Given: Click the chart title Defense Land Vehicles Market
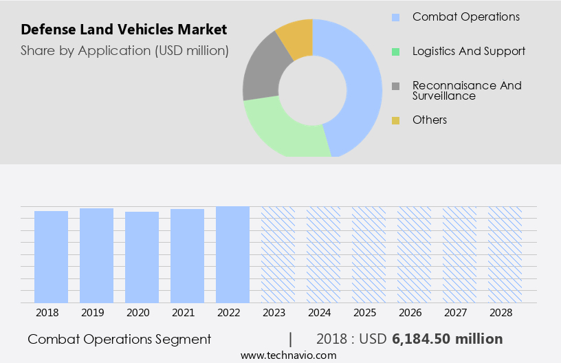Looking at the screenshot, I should tap(124, 30).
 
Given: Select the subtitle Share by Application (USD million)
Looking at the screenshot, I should tap(124, 50).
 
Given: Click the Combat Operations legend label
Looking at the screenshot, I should tap(465, 16).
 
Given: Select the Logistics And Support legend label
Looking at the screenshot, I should tap(468, 51).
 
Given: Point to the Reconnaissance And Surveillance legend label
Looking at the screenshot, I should tap(466, 90).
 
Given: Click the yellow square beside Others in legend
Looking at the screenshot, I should tap(395, 120).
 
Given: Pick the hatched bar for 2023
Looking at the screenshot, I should tap(278, 254).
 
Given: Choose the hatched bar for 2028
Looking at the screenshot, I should tap(505, 254).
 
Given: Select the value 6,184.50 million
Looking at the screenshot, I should tap(447, 339).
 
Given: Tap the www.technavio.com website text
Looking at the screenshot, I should tap(288, 355).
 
